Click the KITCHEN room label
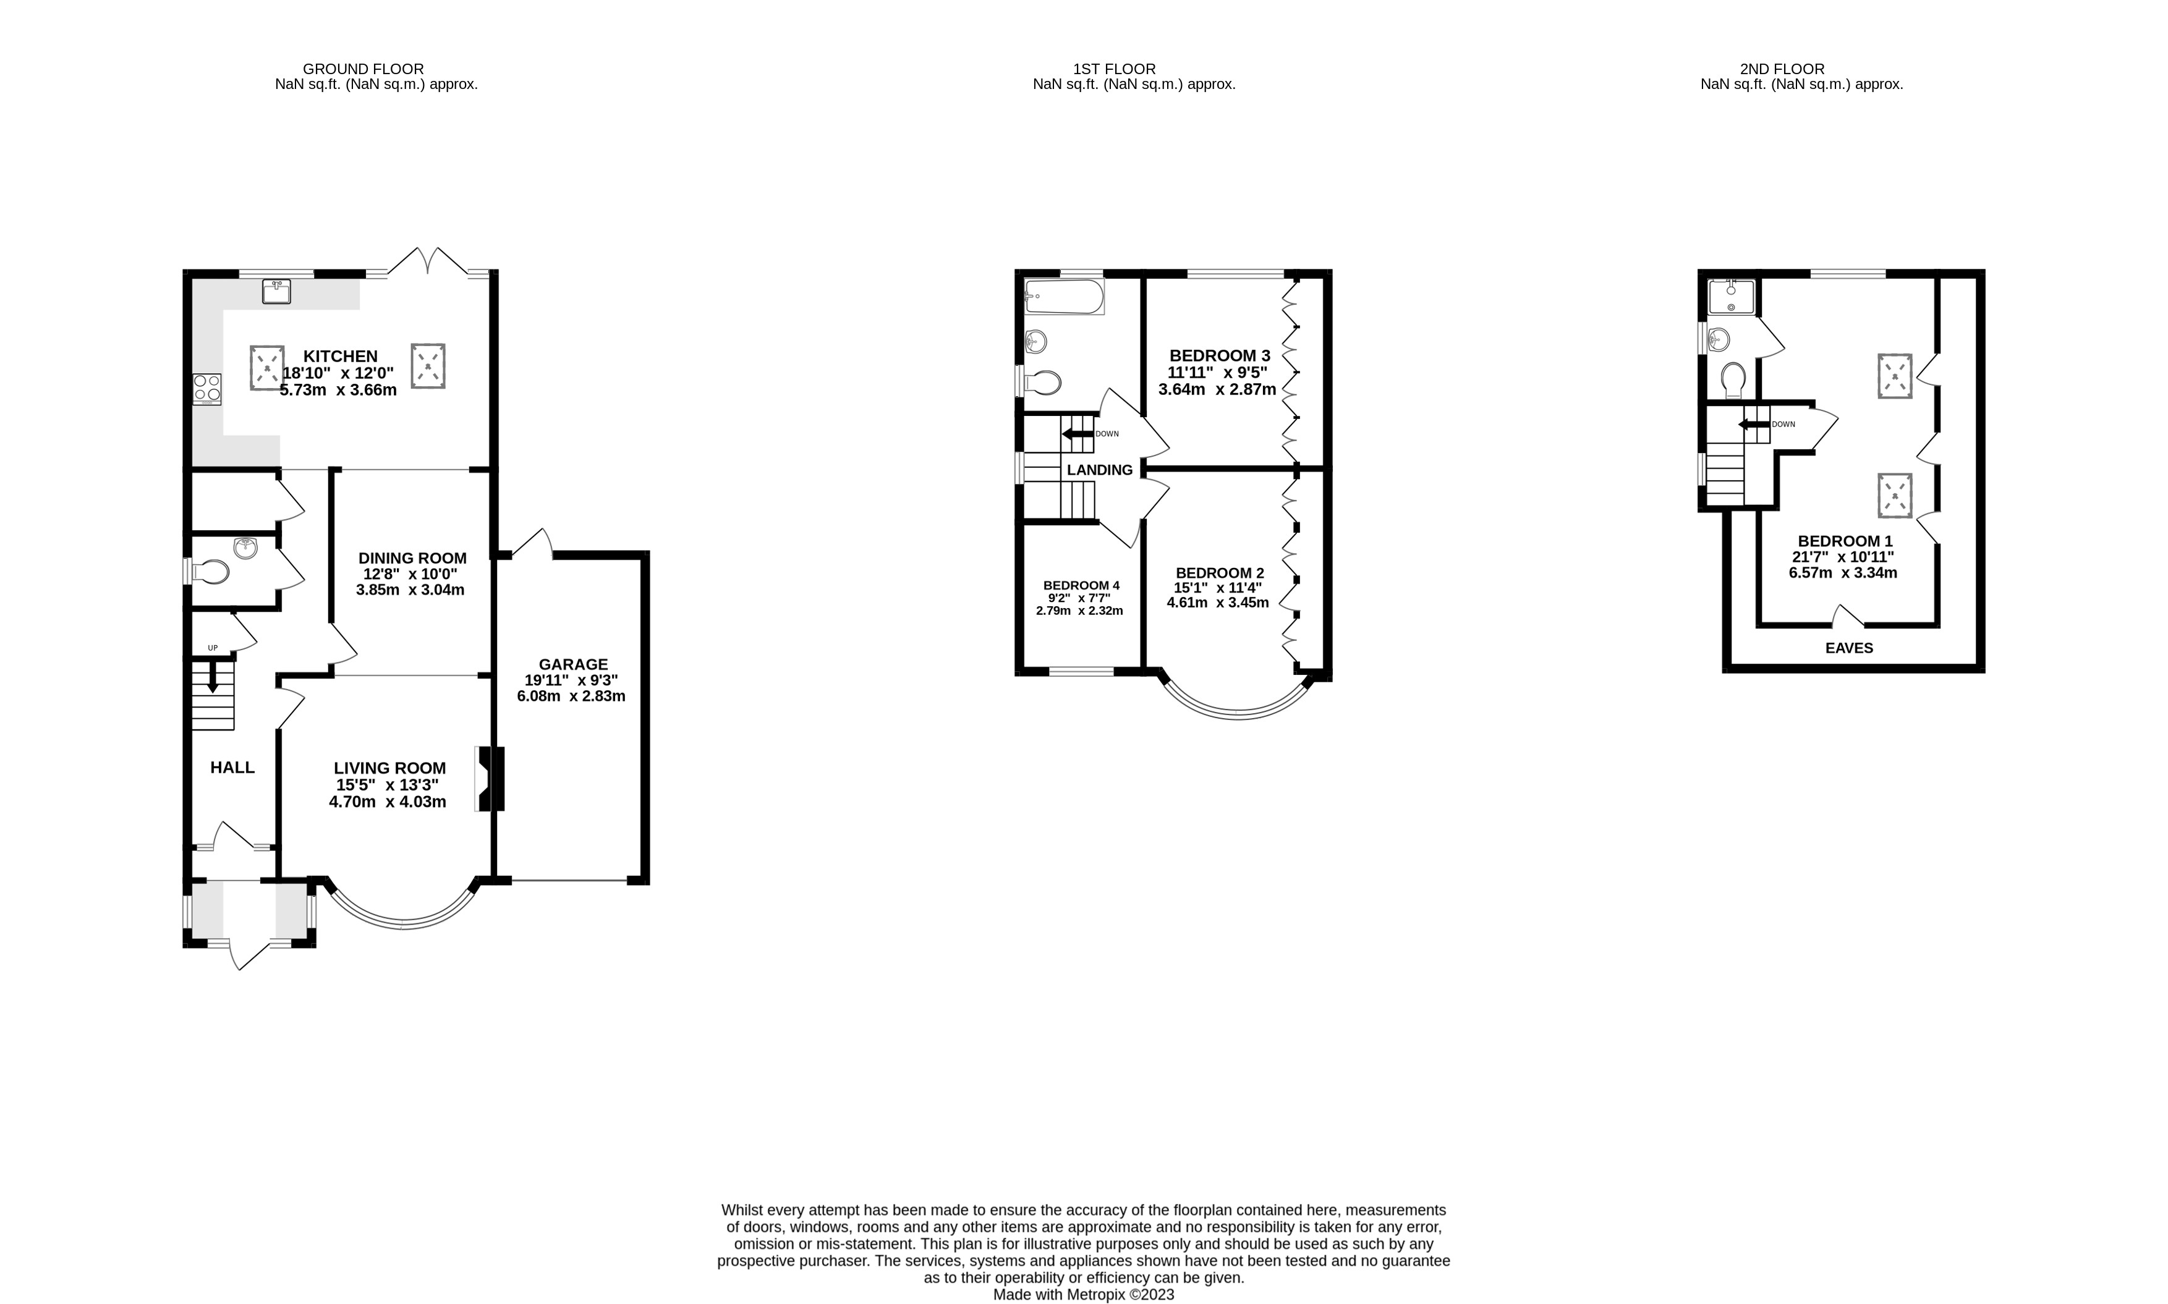click(340, 356)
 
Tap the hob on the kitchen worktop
click(207, 389)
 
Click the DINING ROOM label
click(412, 558)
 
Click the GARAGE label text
click(573, 664)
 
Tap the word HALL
click(232, 767)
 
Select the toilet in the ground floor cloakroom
click(210, 572)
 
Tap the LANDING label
click(1099, 470)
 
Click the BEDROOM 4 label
click(1081, 585)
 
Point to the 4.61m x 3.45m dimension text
click(1217, 603)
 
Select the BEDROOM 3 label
click(1219, 356)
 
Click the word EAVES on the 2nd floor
click(1849, 648)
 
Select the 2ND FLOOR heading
click(1782, 69)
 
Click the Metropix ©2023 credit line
click(1082, 1294)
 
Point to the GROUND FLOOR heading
click(363, 69)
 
